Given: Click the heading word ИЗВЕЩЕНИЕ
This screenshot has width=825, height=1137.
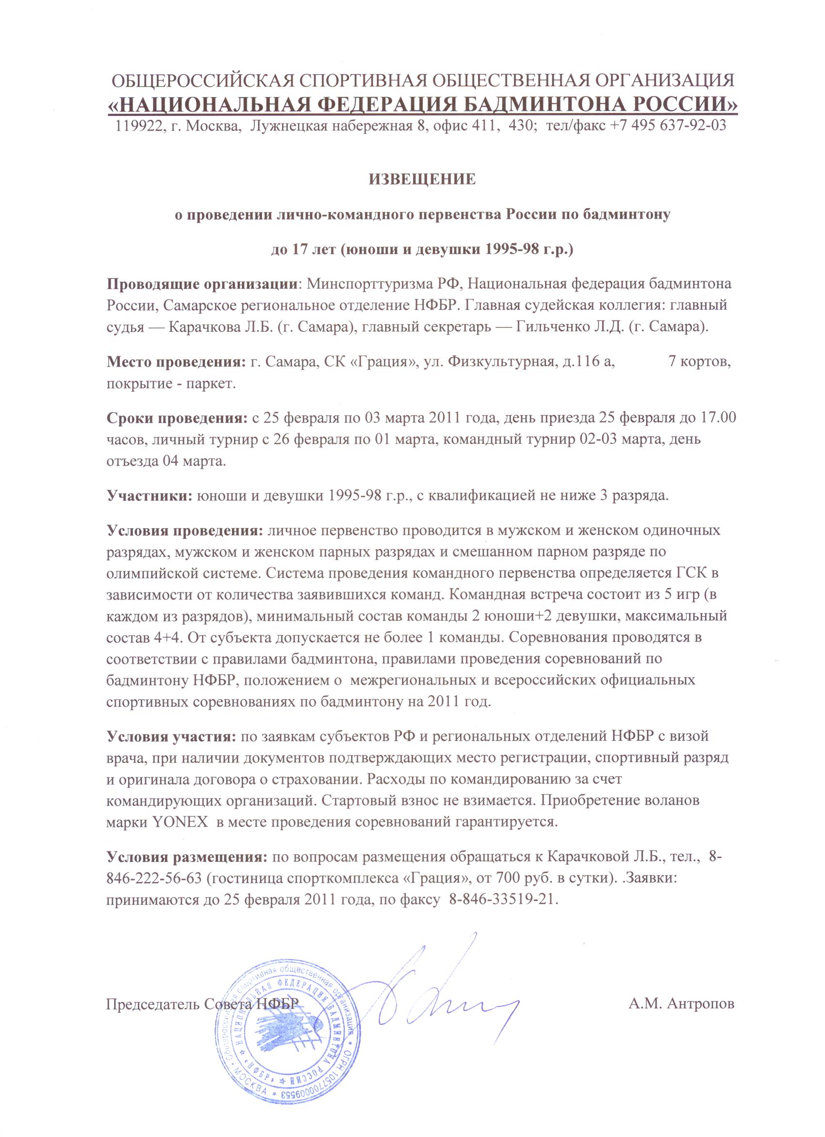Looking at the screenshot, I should tap(422, 179).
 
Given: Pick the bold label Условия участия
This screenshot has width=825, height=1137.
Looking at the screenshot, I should tap(171, 737).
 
